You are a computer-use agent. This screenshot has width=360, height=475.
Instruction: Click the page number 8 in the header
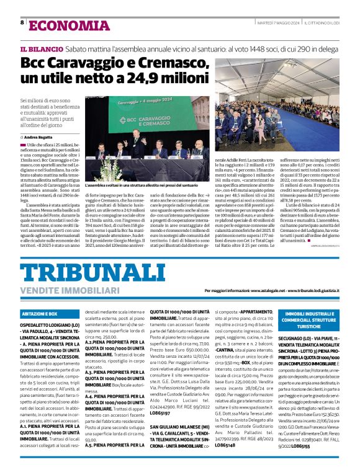coord(23,22)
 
